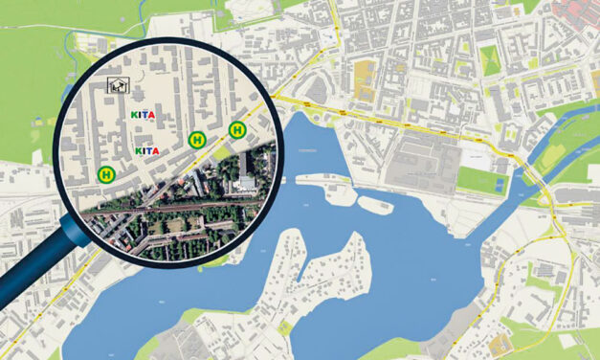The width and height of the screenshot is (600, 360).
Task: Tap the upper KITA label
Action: coord(143,114)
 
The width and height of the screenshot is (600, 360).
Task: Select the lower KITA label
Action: coord(146,150)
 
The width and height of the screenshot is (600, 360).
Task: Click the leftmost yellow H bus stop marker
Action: coord(106,173)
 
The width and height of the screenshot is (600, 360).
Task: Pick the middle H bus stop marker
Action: coord(197,139)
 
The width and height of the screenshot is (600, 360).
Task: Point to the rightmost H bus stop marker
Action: coord(236,129)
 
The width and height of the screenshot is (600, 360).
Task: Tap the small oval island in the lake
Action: coord(374,204)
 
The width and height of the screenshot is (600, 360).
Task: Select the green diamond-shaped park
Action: coord(489,59)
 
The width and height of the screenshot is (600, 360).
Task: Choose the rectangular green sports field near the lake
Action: coord(478,179)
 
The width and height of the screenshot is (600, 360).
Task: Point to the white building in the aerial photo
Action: coord(247,181)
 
